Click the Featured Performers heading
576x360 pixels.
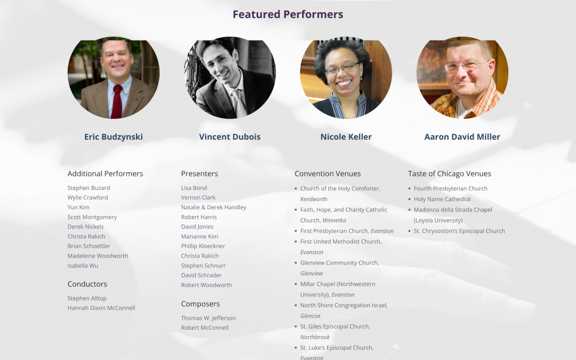(x=287, y=14)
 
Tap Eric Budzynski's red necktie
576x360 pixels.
(x=116, y=101)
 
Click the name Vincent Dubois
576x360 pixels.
(x=230, y=137)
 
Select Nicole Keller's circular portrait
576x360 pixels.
(x=346, y=78)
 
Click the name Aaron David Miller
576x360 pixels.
(x=462, y=137)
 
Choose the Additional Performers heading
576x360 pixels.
(x=105, y=173)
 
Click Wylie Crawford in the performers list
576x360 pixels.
(x=87, y=197)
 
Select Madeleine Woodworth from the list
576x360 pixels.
(x=98, y=255)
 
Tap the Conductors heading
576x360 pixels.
(x=87, y=284)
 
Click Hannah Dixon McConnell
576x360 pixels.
(x=101, y=308)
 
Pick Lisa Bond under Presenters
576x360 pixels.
(x=194, y=188)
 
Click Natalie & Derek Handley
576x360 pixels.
(x=213, y=207)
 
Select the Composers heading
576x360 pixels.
(x=200, y=303)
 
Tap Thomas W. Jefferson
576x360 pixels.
(x=208, y=318)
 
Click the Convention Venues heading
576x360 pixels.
(x=327, y=173)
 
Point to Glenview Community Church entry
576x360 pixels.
(x=339, y=262)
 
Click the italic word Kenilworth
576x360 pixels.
(x=314, y=199)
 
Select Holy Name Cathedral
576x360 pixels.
(x=442, y=199)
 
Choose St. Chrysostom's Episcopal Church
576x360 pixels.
(x=459, y=231)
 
